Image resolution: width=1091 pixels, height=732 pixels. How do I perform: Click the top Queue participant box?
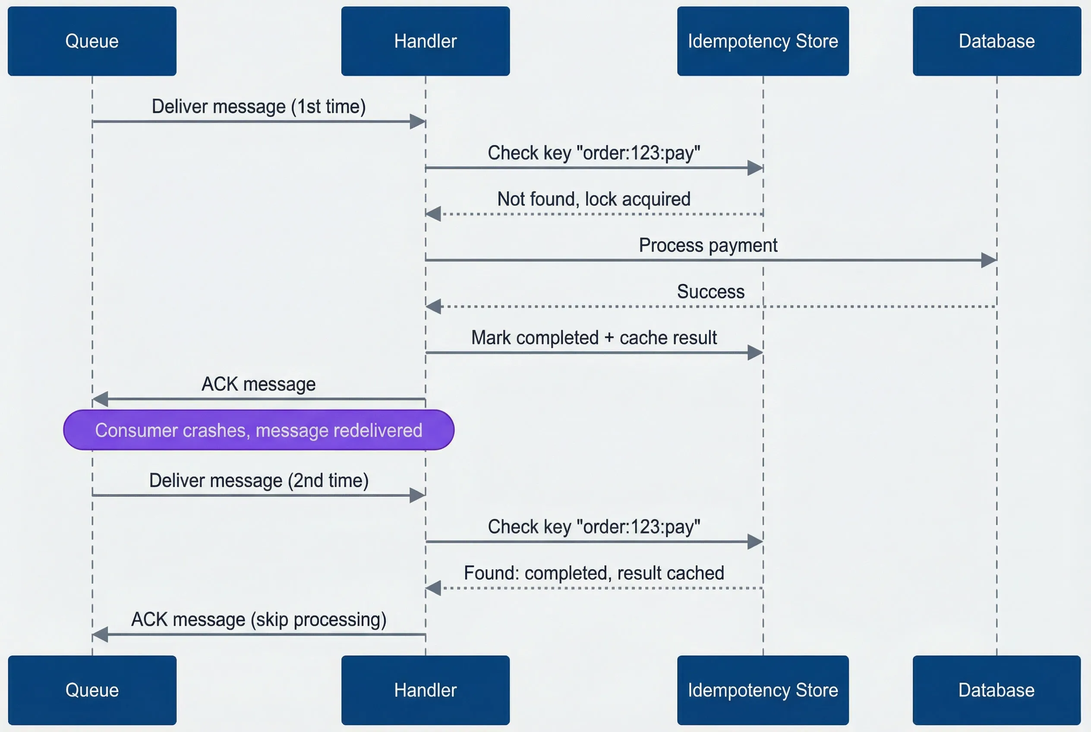click(x=92, y=41)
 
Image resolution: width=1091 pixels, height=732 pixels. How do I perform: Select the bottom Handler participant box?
click(x=425, y=690)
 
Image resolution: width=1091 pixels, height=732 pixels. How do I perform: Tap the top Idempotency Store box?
click(x=763, y=41)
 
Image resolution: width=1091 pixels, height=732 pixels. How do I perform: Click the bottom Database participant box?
click(x=996, y=690)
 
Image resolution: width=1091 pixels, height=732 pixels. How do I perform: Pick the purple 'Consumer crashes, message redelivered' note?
click(x=259, y=430)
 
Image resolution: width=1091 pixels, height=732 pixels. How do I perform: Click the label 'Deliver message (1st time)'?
click(x=259, y=107)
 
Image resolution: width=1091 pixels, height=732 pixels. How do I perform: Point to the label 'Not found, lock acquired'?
click(x=594, y=199)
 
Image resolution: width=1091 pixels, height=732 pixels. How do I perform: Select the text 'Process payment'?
click(x=708, y=246)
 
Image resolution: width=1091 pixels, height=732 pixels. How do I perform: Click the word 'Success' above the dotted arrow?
click(x=710, y=292)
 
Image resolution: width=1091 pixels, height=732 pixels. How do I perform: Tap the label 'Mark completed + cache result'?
click(x=594, y=338)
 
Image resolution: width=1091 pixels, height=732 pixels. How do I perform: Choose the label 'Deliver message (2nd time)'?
click(x=259, y=481)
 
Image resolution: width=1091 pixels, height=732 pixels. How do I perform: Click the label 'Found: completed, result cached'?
click(x=594, y=573)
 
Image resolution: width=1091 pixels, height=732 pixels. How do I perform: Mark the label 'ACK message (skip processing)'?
click(x=259, y=620)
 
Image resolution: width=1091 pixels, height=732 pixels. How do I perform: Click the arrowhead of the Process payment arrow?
click(x=989, y=260)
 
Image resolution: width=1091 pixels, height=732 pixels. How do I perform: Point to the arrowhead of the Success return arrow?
click(x=434, y=307)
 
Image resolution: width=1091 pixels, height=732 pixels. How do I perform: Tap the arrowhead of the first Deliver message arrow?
click(x=417, y=121)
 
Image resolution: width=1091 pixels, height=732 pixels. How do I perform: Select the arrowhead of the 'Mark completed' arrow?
click(x=755, y=353)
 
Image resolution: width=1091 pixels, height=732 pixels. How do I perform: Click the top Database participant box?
click(x=996, y=41)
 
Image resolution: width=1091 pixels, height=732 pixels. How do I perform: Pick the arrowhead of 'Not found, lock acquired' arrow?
click(x=434, y=214)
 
